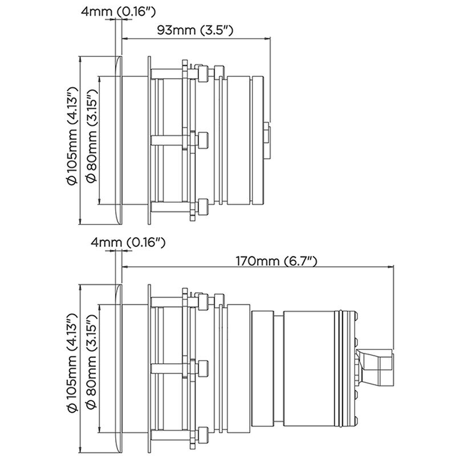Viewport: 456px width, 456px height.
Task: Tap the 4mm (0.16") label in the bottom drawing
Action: tap(128, 242)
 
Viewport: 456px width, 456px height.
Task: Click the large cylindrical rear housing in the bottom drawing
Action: tap(316, 368)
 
